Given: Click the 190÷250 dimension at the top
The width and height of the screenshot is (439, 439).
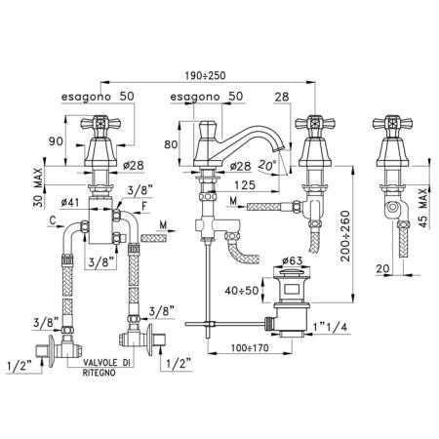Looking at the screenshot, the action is tap(205, 75).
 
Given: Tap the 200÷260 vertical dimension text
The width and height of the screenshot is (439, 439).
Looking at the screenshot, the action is tap(345, 236).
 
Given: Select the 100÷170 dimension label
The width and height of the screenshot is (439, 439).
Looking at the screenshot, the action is tap(250, 347).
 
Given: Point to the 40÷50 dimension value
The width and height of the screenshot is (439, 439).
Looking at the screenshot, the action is tap(242, 290).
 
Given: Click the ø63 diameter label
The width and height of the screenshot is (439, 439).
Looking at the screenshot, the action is tap(293, 260).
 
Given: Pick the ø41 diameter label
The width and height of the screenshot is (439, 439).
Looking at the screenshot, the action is tap(70, 202).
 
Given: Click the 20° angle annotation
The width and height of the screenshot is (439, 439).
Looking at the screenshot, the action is tap(267, 165).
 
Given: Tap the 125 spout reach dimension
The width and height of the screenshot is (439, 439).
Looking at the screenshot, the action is tap(245, 185).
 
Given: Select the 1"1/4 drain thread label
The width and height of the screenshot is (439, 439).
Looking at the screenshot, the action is tap(330, 327).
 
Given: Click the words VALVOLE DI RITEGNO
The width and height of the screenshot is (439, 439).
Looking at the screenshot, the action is tap(108, 367).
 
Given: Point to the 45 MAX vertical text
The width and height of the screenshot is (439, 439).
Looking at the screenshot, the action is tap(422, 208).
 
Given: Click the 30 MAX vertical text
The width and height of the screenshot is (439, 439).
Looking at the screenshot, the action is tap(38, 187).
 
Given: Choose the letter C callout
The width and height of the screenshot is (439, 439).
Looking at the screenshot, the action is tap(53, 220).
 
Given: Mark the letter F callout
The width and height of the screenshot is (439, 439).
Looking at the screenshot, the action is tap(144, 206).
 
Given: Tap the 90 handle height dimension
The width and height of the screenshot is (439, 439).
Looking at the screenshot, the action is tap(56, 141).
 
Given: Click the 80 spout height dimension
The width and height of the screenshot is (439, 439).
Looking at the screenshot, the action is tap(171, 144).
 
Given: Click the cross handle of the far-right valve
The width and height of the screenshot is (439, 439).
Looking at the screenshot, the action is tap(392, 123).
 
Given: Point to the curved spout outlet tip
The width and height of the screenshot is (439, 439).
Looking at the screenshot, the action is tap(276, 149).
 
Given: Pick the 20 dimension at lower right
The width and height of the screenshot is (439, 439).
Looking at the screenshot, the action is tap(382, 268).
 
